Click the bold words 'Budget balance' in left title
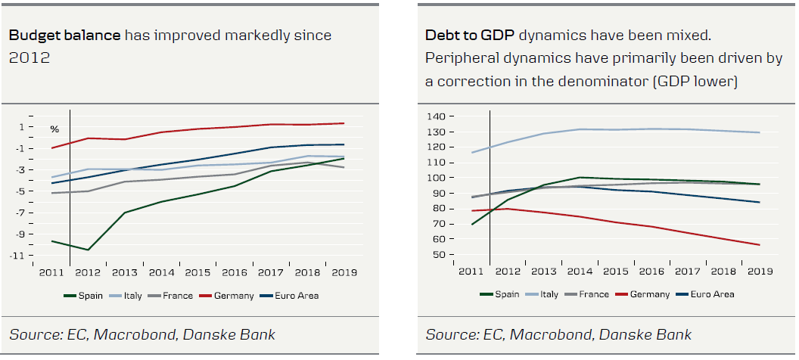[x=64, y=36]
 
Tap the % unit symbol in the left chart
[x=54, y=129]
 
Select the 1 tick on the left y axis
[x=42, y=126]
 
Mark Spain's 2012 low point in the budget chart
[x=89, y=250]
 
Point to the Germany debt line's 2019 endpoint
[x=759, y=244]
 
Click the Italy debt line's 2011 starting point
[x=471, y=153]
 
